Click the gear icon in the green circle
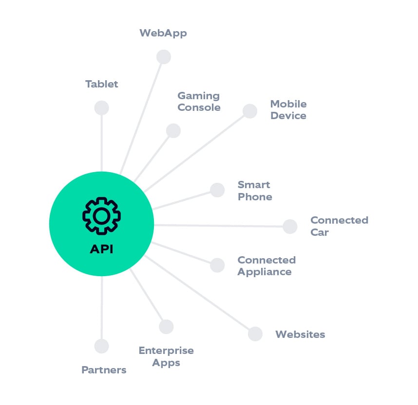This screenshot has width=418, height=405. click(101, 215)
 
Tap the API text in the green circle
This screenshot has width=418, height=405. click(101, 248)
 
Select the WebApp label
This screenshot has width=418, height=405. click(163, 33)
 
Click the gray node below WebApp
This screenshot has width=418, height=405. click(164, 56)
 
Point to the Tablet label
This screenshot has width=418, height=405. click(101, 84)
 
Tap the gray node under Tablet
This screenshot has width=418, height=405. click(101, 108)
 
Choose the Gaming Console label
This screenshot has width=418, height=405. click(199, 102)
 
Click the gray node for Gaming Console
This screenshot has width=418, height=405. click(173, 130)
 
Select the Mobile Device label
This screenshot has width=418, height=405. click(288, 110)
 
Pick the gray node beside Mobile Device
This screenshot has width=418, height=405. click(250, 111)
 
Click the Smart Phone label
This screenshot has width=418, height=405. click(254, 191)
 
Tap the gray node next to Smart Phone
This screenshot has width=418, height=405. click(217, 190)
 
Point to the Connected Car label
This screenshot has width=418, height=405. click(339, 226)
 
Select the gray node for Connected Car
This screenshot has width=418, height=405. click(290, 226)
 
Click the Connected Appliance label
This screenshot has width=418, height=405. click(266, 266)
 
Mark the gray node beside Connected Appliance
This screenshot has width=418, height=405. click(217, 265)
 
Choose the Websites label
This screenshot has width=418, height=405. click(300, 335)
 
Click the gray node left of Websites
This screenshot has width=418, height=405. click(255, 334)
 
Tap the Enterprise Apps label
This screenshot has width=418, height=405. click(166, 356)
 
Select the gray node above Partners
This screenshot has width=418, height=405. click(101, 346)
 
